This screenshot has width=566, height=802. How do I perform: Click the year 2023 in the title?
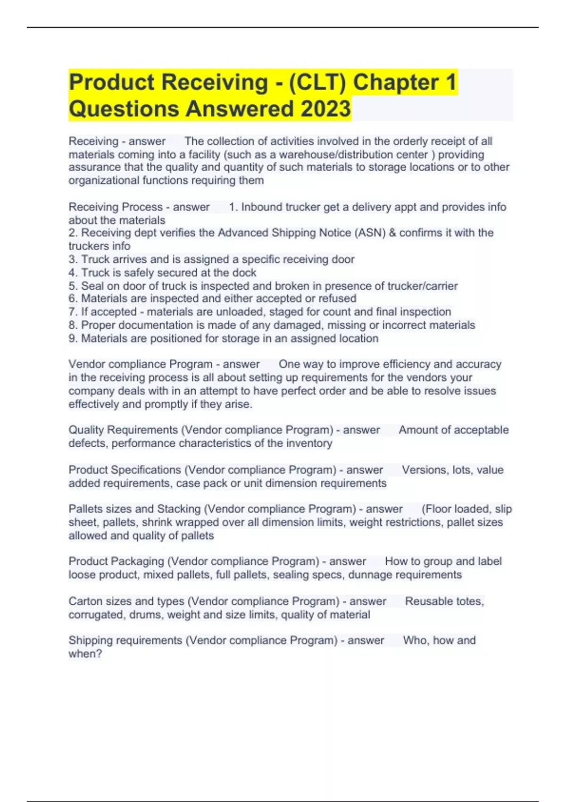[325, 109]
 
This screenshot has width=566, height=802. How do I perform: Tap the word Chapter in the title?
[396, 82]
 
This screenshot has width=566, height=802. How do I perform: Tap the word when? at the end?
[85, 654]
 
